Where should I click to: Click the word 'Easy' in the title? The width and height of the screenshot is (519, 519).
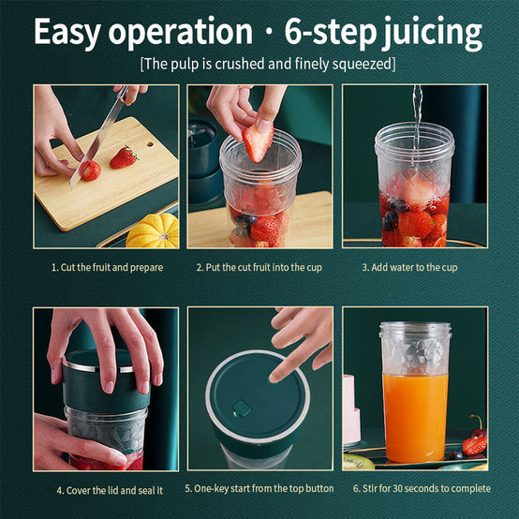pyautogui.click(x=67, y=32)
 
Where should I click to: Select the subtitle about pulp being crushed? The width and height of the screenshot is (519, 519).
pyautogui.click(x=268, y=64)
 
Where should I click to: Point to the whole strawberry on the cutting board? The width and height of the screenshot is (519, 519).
pyautogui.click(x=124, y=157)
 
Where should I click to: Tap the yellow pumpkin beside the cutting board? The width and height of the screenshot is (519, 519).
pyautogui.click(x=153, y=231)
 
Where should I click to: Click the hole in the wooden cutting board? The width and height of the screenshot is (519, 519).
pyautogui.click(x=150, y=144)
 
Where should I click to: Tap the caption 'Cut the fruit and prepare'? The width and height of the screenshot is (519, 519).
pyautogui.click(x=107, y=267)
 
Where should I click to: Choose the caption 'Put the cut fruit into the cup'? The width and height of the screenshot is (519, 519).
pyautogui.click(x=259, y=267)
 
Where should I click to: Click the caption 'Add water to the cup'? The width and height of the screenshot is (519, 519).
pyautogui.click(x=409, y=267)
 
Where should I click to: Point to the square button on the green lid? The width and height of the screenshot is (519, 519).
pyautogui.click(x=242, y=408)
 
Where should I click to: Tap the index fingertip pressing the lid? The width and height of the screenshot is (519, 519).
pyautogui.click(x=274, y=377)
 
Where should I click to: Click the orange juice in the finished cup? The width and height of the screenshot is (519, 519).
pyautogui.click(x=415, y=418)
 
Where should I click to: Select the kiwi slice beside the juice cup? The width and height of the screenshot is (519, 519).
pyautogui.click(x=359, y=461)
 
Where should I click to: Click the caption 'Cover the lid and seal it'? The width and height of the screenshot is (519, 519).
pyautogui.click(x=110, y=491)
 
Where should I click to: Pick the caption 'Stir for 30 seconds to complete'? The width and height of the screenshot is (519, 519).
pyautogui.click(x=422, y=488)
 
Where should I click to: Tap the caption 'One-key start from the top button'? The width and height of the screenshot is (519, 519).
pyautogui.click(x=259, y=488)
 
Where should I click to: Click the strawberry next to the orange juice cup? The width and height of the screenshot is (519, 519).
pyautogui.click(x=475, y=445)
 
